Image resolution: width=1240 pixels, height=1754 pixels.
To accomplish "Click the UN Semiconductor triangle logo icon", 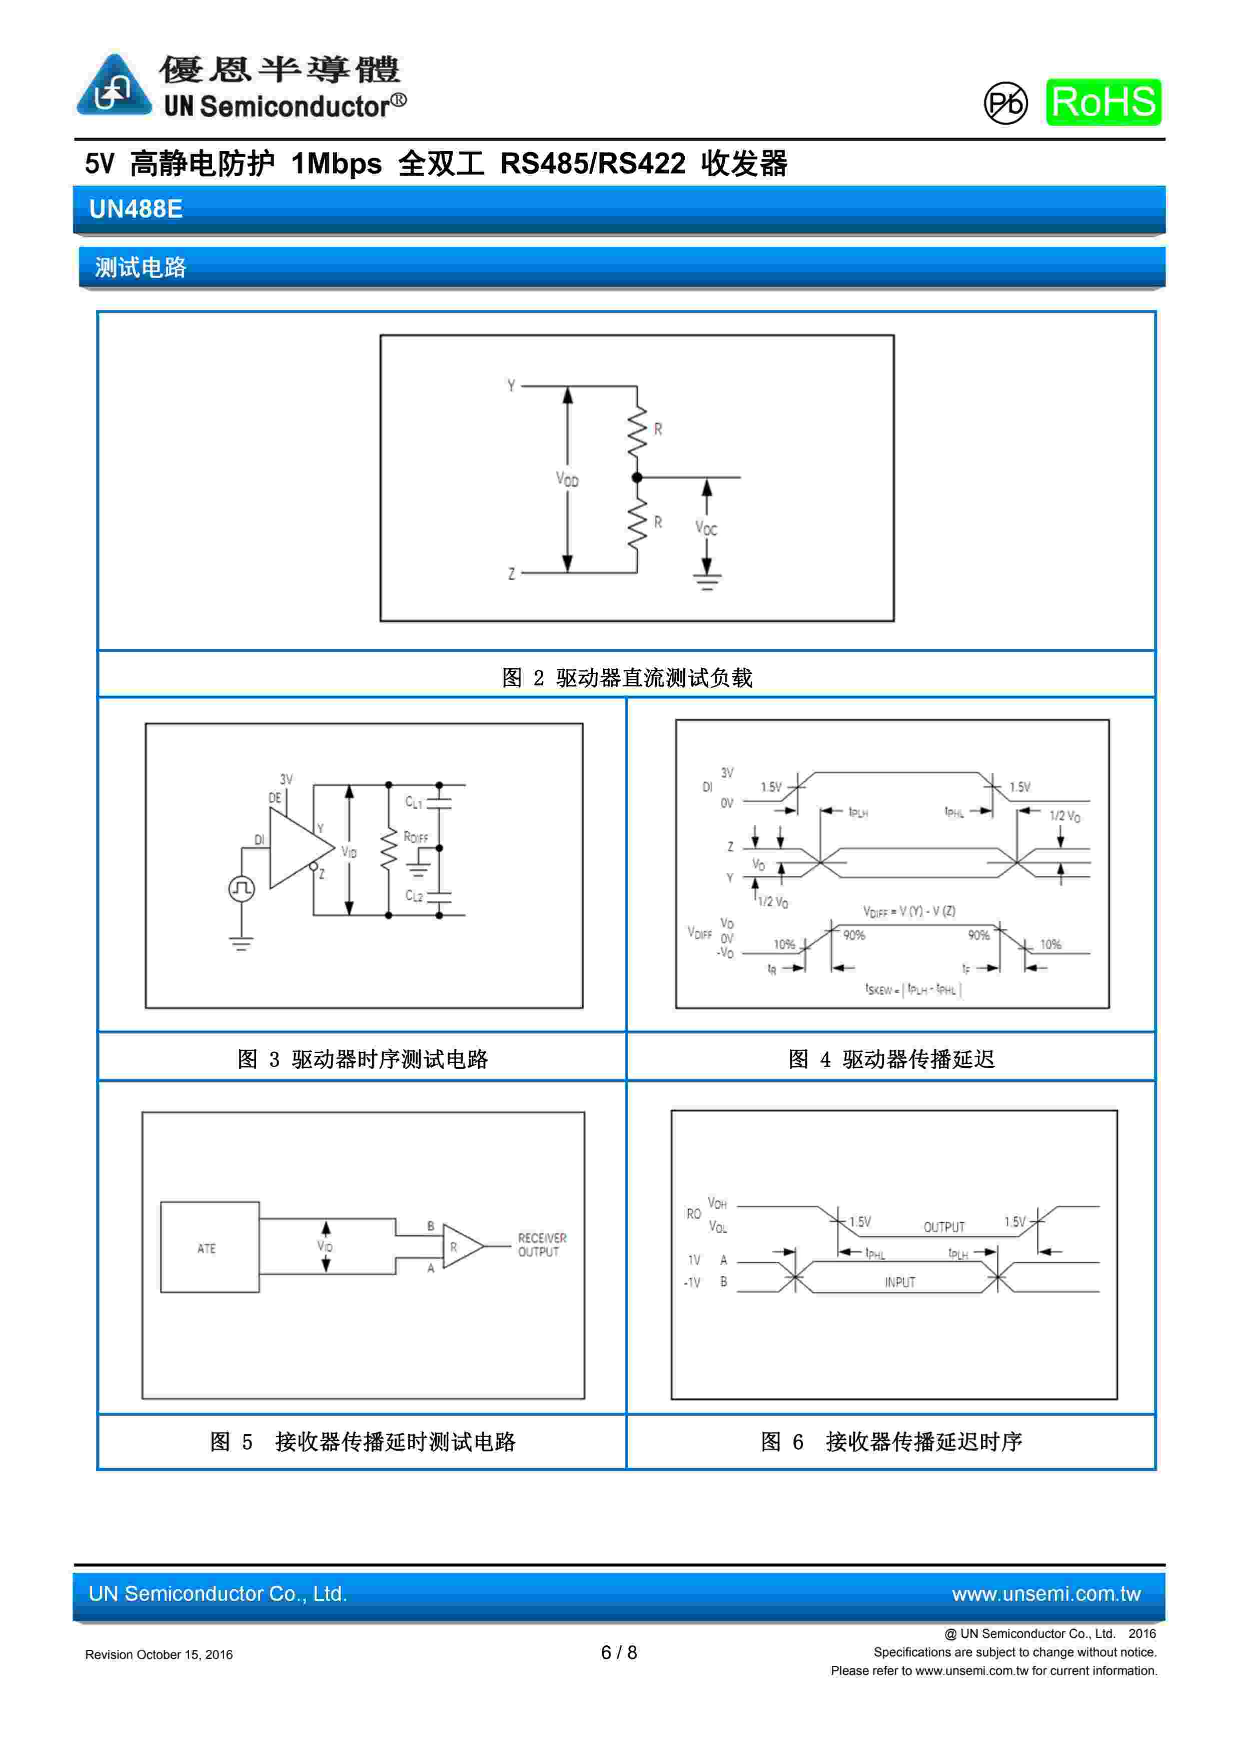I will [x=114, y=86].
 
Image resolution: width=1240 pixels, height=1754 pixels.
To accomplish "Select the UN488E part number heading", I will [x=136, y=209].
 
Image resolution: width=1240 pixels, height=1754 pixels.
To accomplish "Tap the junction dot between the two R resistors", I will [x=637, y=478].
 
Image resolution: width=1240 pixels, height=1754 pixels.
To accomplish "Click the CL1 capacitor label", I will [x=413, y=801].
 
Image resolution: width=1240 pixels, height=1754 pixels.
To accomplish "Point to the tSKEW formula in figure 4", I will [x=912, y=989].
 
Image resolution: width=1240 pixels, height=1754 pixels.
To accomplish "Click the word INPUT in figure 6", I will [x=899, y=1282].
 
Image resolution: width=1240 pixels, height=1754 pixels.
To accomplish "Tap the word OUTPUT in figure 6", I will [x=944, y=1227].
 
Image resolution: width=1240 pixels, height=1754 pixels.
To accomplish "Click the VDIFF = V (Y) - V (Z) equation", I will [x=909, y=912].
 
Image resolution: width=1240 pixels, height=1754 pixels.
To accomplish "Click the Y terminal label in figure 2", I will [x=511, y=386].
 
